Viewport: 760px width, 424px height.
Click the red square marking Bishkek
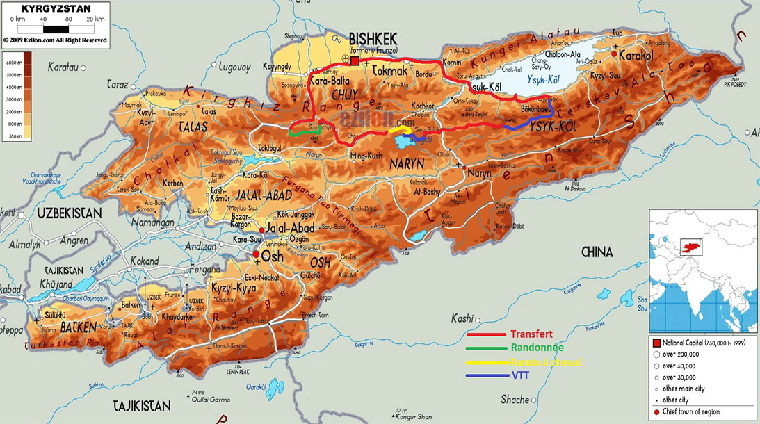point(355,62)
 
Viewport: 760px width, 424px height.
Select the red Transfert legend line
point(494,334)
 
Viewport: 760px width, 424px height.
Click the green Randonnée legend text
point(537,348)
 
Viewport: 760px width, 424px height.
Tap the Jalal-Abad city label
point(291,228)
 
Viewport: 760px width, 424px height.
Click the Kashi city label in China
point(462,318)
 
